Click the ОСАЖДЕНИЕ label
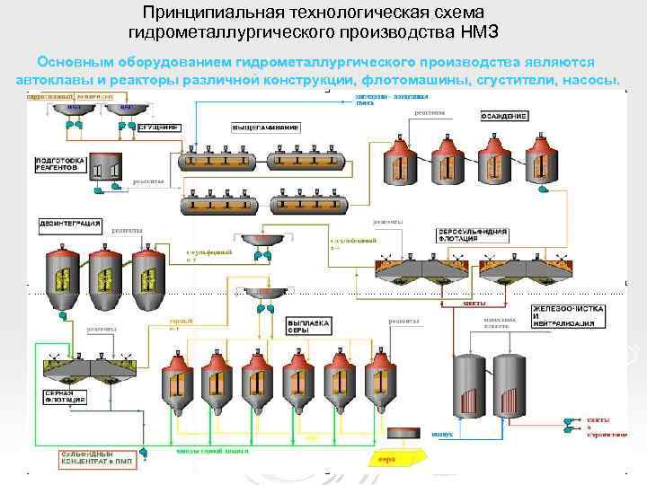click(501, 117)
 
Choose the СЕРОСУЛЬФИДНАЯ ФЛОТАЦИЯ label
click(473, 236)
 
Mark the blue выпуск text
click(441, 435)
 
